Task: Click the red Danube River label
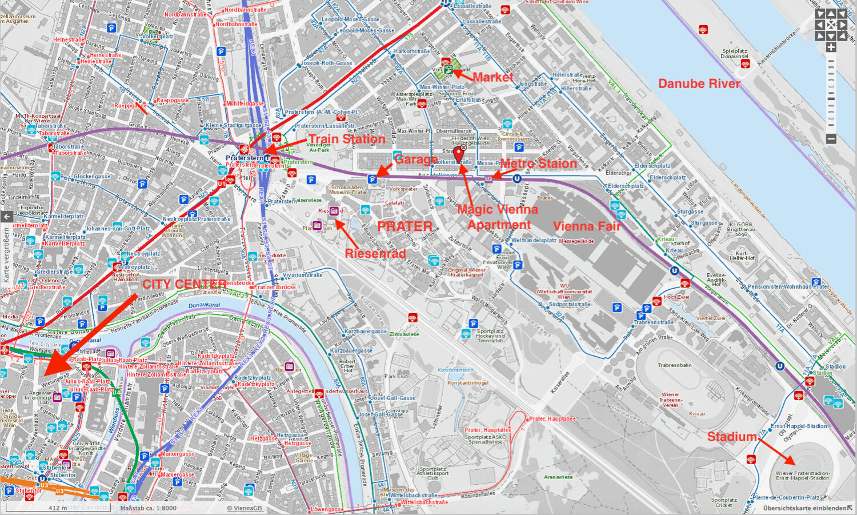pos(699,83)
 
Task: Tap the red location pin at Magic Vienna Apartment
pos(458,153)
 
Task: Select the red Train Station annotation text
pos(347,139)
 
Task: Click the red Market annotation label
pos(492,77)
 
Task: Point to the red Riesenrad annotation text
pos(375,253)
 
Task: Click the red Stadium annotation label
pos(731,437)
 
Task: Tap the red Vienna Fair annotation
pos(587,226)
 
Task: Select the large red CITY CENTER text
pos(184,284)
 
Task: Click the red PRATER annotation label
pos(405,226)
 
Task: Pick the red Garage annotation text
pos(416,159)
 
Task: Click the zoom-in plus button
pos(831,47)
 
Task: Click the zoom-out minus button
pos(831,138)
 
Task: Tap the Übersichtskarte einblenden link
pos(804,508)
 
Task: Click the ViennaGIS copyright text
pos(245,508)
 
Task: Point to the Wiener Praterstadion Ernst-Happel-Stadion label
pos(802,476)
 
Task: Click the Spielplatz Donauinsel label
pos(734,53)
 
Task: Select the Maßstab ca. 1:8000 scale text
pos(148,508)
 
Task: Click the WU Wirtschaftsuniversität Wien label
pos(564,291)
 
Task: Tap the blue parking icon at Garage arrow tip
pos(373,179)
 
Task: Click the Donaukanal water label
pos(204,305)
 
